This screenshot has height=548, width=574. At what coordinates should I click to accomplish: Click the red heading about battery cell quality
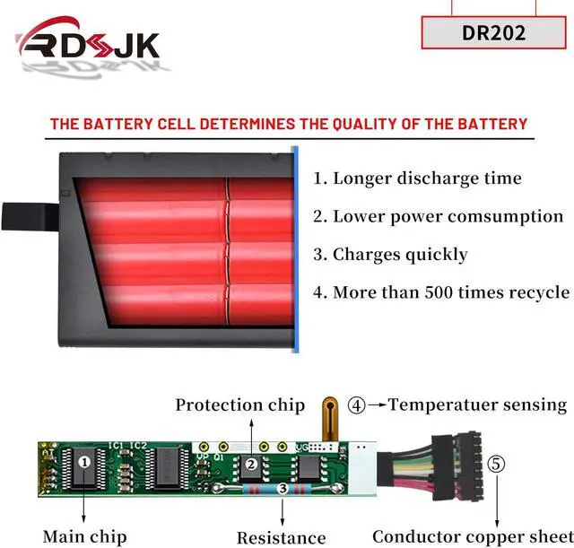[x=288, y=123]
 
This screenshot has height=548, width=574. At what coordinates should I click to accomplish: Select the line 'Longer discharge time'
[x=417, y=178]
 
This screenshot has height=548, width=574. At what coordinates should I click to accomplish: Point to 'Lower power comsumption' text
[x=439, y=216]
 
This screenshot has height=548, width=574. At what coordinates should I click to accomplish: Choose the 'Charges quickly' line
[x=390, y=255]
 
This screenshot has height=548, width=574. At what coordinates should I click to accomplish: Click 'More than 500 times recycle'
[x=441, y=292]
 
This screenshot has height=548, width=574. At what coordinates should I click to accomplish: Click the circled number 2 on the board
[x=252, y=465]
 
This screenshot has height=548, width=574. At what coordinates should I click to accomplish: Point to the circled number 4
[x=357, y=405]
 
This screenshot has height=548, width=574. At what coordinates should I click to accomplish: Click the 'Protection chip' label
[x=239, y=405]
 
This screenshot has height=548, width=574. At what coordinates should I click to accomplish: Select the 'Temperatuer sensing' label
[x=477, y=405]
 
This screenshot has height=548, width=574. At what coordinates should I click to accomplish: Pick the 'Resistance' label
[x=281, y=538]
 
